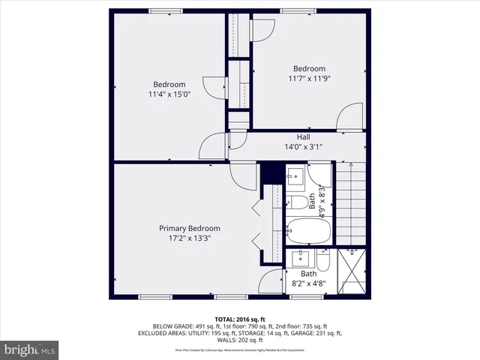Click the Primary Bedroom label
pyautogui.click(x=189, y=228)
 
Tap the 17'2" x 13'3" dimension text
pyautogui.click(x=189, y=238)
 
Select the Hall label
pyautogui.click(x=303, y=137)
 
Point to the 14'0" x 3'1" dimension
pyautogui.click(x=303, y=147)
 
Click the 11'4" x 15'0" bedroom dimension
pyautogui.click(x=169, y=94)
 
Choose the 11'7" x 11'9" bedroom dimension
pyautogui.click(x=310, y=78)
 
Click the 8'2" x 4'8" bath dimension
pyautogui.click(x=308, y=285)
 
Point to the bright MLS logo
pyautogui.click(x=30, y=349)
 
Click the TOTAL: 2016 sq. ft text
pyautogui.click(x=240, y=319)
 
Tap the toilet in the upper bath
pyautogui.click(x=298, y=202)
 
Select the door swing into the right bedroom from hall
pyautogui.click(x=351, y=118)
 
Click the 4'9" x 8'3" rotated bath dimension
pyautogui.click(x=323, y=201)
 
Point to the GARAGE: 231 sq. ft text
pyautogui.click(x=323, y=333)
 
